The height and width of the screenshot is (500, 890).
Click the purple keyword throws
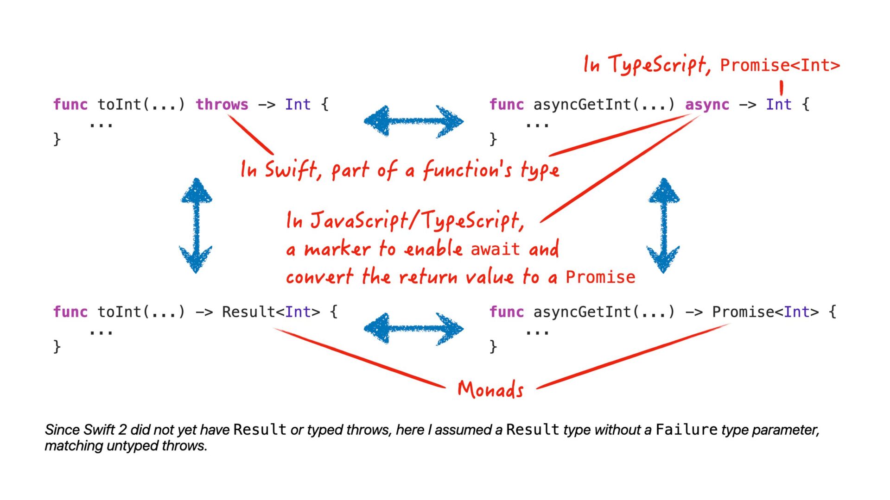point(222,105)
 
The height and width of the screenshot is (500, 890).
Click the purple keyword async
point(707,105)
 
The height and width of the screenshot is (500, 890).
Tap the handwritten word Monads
point(490,389)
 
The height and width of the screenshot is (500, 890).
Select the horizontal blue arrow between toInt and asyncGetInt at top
point(413,121)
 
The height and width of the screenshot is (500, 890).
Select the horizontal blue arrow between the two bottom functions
point(413,329)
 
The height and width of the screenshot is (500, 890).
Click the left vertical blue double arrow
point(196,225)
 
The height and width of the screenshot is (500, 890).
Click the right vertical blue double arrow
point(663,225)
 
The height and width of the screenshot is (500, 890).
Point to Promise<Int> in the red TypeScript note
point(780,65)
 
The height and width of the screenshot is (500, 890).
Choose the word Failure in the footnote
point(687,430)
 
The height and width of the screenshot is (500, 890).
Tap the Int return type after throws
point(298,105)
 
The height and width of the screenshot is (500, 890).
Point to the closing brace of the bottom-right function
point(493,346)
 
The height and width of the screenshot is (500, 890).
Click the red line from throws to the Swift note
point(250,135)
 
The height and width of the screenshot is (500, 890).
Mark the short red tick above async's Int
point(782,87)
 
